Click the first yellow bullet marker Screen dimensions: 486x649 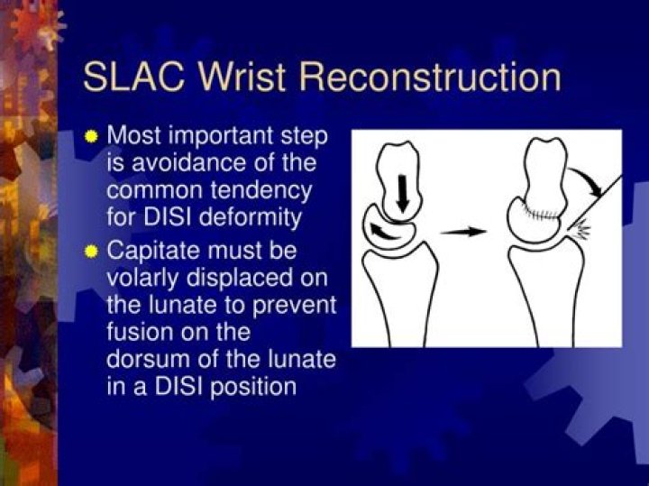point(90,138)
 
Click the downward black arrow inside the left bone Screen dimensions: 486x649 point(402,189)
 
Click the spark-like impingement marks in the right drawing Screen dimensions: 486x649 point(581,232)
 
